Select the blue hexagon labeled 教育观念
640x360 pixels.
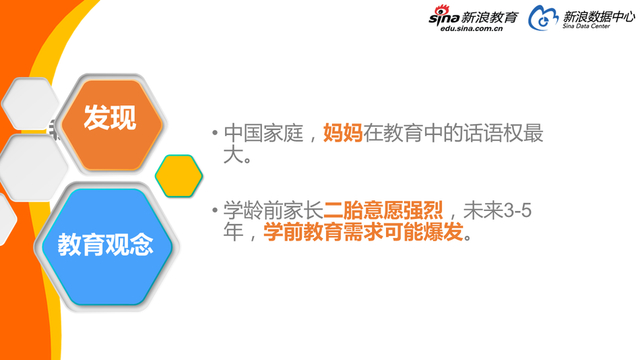click(105, 244)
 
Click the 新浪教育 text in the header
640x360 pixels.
click(490, 16)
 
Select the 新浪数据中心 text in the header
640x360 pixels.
click(597, 16)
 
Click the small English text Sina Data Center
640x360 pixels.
click(585, 29)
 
